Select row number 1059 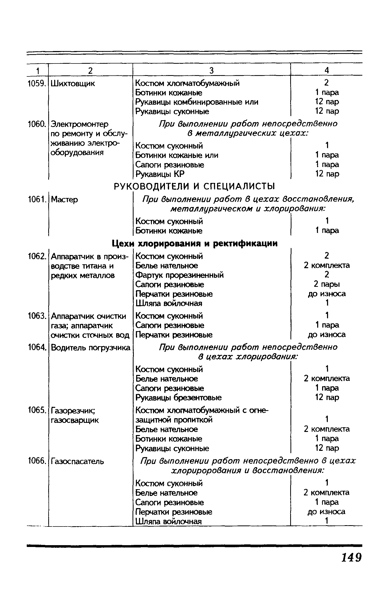tap(37, 83)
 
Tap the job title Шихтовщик tap(73, 84)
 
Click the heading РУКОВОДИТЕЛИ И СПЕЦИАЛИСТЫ tap(194, 186)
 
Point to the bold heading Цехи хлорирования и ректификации tap(195, 244)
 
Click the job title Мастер tap(64, 200)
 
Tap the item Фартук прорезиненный tap(179, 275)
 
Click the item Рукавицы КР tap(160, 174)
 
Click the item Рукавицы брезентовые tap(178, 397)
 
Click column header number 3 tap(211, 70)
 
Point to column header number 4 tap(327, 70)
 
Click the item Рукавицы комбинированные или tap(197, 102)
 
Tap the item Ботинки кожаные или tap(177, 155)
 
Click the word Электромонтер tap(80, 124)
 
